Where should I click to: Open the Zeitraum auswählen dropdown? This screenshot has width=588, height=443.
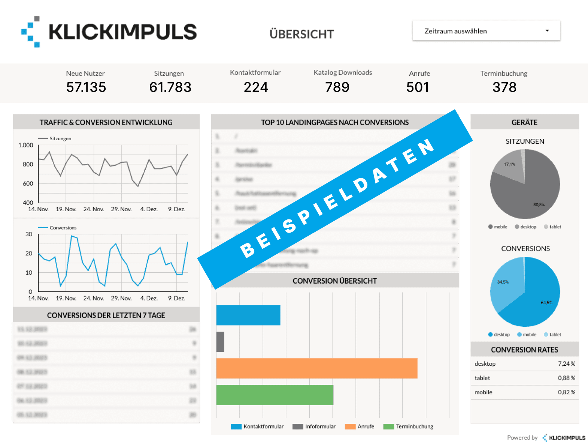(486, 31)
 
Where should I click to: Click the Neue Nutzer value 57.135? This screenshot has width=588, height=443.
(86, 87)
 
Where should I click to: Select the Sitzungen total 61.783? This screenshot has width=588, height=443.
(170, 87)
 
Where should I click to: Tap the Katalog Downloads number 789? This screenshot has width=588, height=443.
(337, 87)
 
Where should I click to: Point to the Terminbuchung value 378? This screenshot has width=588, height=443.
(504, 87)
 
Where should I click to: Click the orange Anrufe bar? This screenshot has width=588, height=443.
(316, 368)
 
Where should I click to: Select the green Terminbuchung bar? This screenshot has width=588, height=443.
(275, 395)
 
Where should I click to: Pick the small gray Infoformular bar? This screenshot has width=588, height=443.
(220, 342)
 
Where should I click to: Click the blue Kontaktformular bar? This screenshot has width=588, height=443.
(248, 315)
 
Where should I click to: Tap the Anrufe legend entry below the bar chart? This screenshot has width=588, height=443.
(366, 426)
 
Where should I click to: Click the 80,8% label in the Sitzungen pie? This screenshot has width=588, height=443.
(539, 205)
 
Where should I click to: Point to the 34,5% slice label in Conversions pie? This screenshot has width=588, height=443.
(503, 282)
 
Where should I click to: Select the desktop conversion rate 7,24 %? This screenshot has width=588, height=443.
(566, 364)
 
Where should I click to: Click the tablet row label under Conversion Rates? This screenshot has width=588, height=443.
(482, 378)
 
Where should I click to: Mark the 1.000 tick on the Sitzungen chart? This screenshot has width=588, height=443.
(26, 145)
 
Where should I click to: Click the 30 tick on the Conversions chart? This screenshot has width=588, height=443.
(29, 234)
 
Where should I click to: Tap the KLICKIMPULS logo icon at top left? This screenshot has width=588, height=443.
(31, 32)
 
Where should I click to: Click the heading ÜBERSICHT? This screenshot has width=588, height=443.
(301, 34)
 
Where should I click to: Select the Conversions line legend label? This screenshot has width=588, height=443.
(63, 228)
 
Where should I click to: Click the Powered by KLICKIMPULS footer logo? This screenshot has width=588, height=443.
(564, 438)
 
